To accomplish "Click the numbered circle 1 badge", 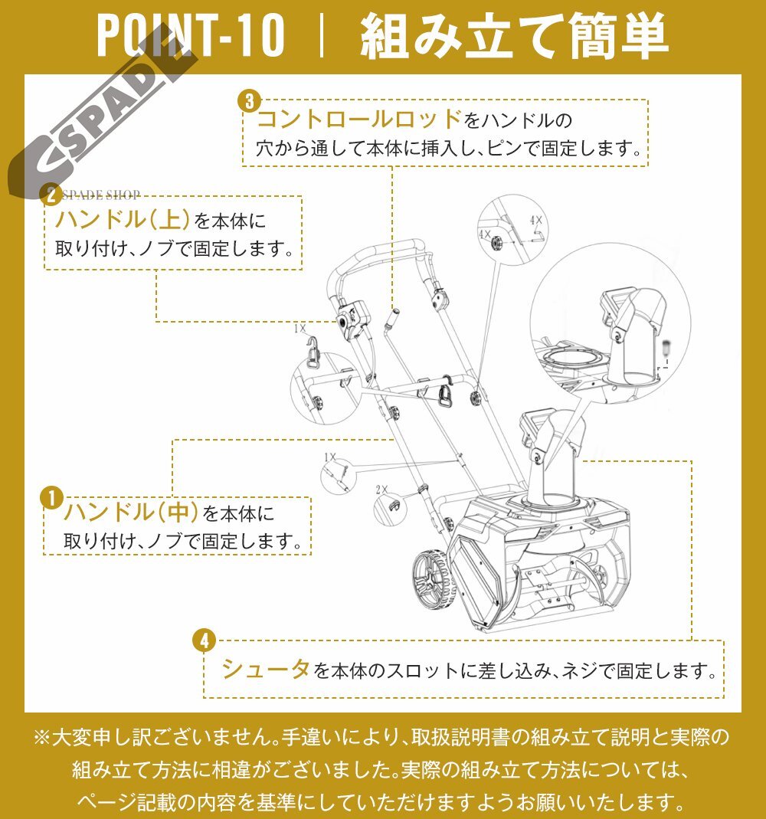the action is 51,498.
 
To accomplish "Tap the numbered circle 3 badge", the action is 250,101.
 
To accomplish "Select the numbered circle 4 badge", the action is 205,640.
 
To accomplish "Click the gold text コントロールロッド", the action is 360,119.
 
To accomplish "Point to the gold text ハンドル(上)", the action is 123,219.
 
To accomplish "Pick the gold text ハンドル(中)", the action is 131,511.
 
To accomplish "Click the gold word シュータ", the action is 266,669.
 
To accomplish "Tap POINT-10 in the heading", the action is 191,35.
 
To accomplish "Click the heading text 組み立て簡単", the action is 514,35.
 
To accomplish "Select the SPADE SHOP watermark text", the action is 101,195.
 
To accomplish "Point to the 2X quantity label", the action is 381,490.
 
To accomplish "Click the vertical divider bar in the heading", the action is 322,35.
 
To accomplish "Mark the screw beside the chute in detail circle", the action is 666,346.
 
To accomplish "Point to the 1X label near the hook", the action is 300,329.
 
